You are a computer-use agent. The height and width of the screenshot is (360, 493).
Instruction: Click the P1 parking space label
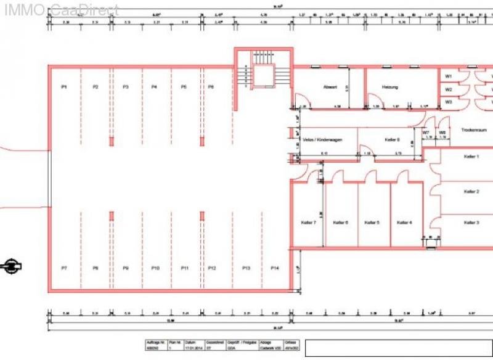63,88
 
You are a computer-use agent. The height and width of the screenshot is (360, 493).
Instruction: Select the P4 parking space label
154,88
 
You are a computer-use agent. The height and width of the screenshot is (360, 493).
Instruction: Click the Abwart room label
330,88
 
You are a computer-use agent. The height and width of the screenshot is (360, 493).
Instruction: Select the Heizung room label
389,88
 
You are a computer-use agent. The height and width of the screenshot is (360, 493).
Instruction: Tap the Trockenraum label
473,130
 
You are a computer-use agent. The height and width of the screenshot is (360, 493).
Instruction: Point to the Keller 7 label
308,222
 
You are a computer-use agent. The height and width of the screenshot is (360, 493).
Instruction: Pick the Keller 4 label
404,222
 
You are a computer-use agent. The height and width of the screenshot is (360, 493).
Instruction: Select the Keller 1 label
471,157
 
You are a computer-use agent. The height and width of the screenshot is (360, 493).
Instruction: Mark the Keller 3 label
471,222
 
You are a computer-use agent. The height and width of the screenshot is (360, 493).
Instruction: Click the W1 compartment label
449,76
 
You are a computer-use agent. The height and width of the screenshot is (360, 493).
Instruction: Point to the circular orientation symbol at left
11,266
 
